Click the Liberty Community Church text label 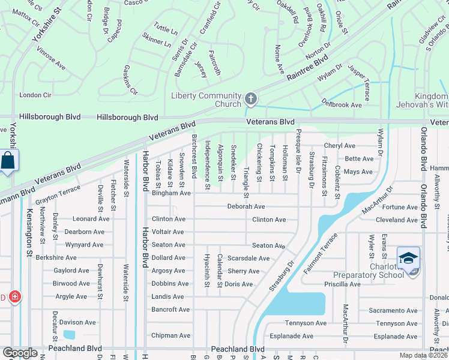tap(206, 100)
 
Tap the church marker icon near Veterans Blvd tap(251, 99)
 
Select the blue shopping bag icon tap(8, 161)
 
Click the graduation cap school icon tap(408, 259)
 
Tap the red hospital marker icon tap(14, 297)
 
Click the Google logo tap(20, 353)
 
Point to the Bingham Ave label tap(171, 193)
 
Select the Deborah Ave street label tap(246, 206)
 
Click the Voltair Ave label tap(168, 232)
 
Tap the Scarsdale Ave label tap(249, 258)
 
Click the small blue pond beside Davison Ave tap(69, 334)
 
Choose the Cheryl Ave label tap(340, 146)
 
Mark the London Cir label tap(35, 95)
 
